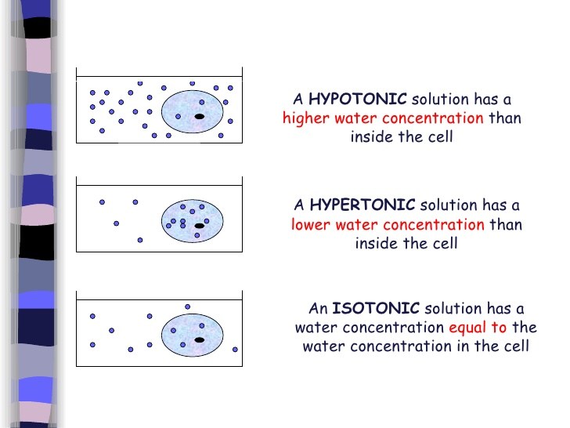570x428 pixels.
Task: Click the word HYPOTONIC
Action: click(358, 100)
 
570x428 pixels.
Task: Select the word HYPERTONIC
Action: click(363, 205)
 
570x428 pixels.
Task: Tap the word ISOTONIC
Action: click(376, 308)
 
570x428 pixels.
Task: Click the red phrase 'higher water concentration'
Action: click(383, 119)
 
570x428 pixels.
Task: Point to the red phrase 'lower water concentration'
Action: click(388, 225)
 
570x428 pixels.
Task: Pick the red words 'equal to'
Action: click(478, 327)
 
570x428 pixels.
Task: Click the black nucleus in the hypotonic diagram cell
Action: click(200, 117)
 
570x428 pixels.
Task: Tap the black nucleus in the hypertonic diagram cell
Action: click(200, 226)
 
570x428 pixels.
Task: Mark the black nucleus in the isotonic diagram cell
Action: click(200, 340)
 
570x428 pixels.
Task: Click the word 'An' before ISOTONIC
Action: click(318, 308)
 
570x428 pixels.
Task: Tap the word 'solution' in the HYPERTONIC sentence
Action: click(449, 205)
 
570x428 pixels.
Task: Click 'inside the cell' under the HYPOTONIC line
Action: click(402, 138)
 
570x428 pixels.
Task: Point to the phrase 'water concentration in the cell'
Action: click(416, 346)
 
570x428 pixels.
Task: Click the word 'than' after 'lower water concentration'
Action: click(506, 225)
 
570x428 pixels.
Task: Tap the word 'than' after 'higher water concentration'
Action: click(504, 119)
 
